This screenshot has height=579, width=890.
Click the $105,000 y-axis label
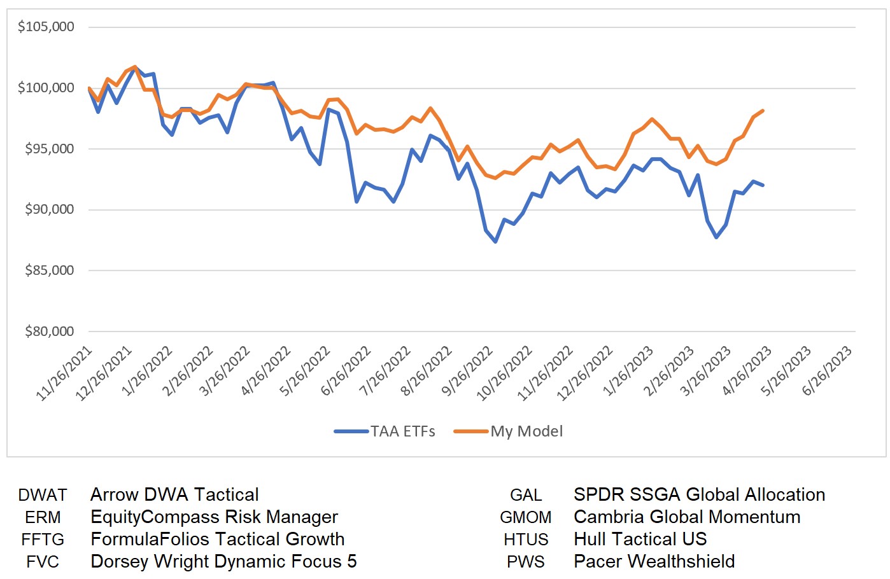pyautogui.click(x=46, y=27)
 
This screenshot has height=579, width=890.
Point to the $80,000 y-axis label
pyautogui.click(x=49, y=331)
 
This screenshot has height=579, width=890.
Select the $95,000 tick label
pyautogui.click(x=49, y=149)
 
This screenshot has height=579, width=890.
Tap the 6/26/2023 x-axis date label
pyautogui.click(x=826, y=371)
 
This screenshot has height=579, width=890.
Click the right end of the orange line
pyautogui.click(x=763, y=111)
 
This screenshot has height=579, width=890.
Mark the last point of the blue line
pyautogui.click(x=763, y=185)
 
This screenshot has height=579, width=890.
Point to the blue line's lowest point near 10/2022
pyautogui.click(x=495, y=242)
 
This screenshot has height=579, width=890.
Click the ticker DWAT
pyautogui.click(x=43, y=495)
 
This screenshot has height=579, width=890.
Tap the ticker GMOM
pyautogui.click(x=526, y=517)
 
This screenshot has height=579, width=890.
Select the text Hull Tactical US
pyautogui.click(x=640, y=540)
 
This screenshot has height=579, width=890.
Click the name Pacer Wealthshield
pyautogui.click(x=654, y=562)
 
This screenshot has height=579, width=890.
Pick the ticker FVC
pyautogui.click(x=43, y=562)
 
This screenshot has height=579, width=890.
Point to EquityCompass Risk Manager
pyautogui.click(x=214, y=517)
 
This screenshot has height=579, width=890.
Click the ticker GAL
pyautogui.click(x=526, y=495)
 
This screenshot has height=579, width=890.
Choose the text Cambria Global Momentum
pyautogui.click(x=687, y=517)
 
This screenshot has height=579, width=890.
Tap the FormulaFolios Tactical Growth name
pyautogui.click(x=217, y=540)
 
